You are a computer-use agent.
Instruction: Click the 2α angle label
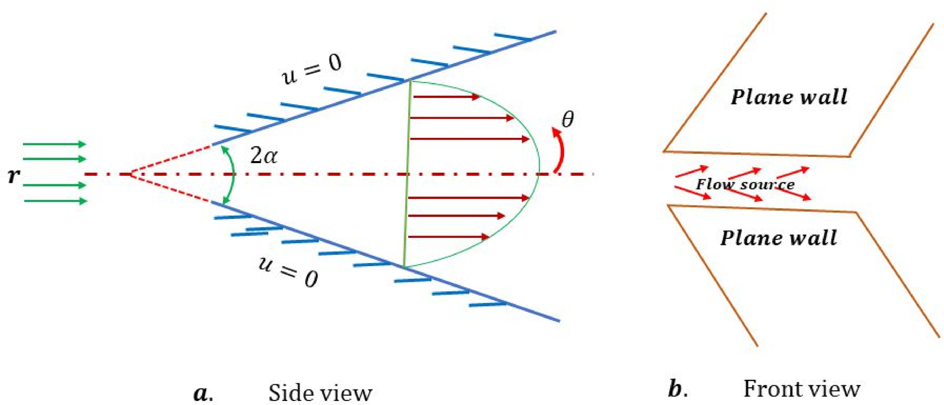tap(264, 156)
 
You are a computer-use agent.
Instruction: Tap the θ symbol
tap(568, 120)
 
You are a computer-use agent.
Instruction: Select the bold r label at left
tap(14, 175)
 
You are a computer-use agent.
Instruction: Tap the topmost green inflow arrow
tap(55, 144)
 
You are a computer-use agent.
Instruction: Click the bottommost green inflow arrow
tap(56, 201)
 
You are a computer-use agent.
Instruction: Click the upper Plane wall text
tap(789, 97)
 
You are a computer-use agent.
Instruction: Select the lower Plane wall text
tap(778, 238)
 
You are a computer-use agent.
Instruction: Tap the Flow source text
tap(745, 184)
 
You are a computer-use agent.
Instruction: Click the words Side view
tap(320, 393)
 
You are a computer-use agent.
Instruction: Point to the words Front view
tap(802, 389)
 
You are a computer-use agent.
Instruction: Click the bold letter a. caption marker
tap(203, 393)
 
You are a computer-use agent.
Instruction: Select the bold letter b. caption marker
tap(677, 389)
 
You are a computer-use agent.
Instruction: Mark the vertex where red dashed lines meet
tap(131, 174)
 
